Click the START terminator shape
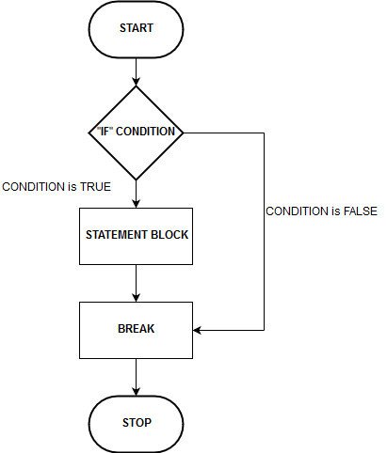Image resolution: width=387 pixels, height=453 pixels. click(137, 28)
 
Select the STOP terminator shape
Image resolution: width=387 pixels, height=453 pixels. click(137, 422)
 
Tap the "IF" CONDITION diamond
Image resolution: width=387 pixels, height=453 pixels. click(137, 132)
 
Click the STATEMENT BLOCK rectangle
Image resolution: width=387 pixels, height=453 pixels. click(137, 235)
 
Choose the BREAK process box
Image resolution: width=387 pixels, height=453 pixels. click(137, 330)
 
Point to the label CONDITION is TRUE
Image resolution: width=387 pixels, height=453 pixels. click(56, 186)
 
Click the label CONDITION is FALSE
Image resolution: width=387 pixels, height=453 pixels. click(321, 211)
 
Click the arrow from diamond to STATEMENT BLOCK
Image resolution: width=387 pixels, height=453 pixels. click(137, 192)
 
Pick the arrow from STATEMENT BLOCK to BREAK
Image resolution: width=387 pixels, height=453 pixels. click(137, 282)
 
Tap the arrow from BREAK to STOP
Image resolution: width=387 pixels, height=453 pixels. click(137, 376)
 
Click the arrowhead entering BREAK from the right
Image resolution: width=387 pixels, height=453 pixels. click(199, 330)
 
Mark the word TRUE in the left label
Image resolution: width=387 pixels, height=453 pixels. click(95, 186)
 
